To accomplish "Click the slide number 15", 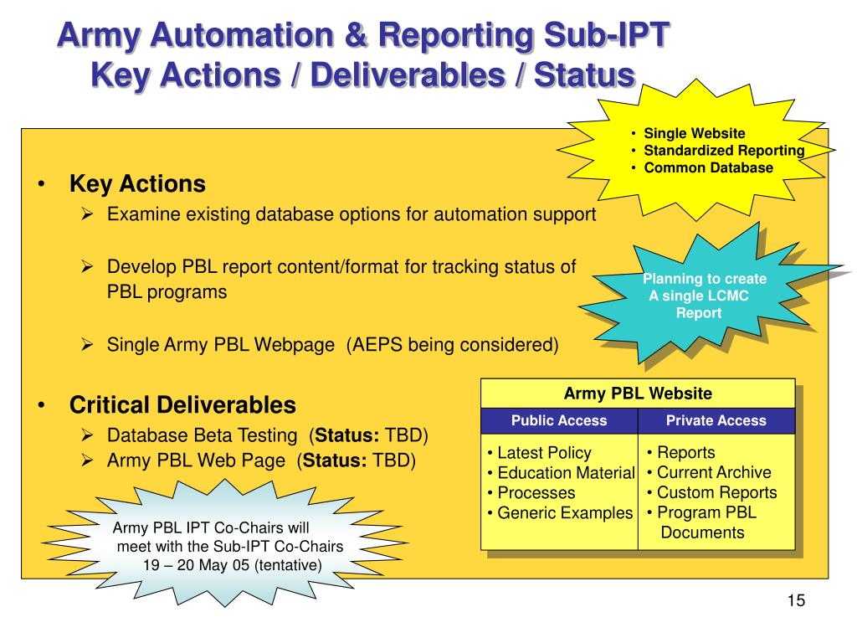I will (x=795, y=601).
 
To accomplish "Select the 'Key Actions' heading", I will (x=137, y=183).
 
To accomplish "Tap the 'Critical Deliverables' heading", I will (x=182, y=405).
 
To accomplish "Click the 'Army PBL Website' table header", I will (x=638, y=393).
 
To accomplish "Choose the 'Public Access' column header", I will (x=559, y=420).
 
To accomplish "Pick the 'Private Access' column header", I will (x=716, y=420).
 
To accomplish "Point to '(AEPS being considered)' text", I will (x=453, y=345).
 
